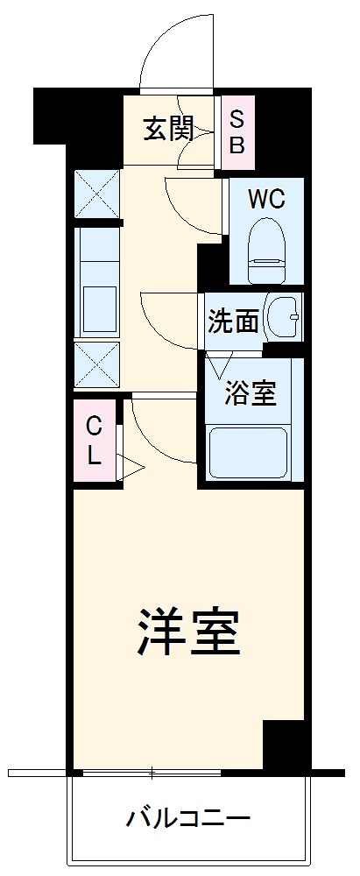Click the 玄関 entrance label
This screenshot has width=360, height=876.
click(x=167, y=130)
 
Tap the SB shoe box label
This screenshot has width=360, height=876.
click(x=236, y=131)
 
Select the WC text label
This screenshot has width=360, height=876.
click(x=265, y=199)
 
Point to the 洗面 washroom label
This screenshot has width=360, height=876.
click(x=233, y=321)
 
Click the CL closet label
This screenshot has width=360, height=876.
click(x=94, y=441)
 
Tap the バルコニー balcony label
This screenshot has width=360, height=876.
click(x=188, y=820)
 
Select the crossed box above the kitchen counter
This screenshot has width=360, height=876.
click(x=96, y=194)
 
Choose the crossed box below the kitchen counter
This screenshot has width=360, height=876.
click(x=96, y=364)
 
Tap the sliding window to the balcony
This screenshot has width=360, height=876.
click(x=152, y=774)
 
